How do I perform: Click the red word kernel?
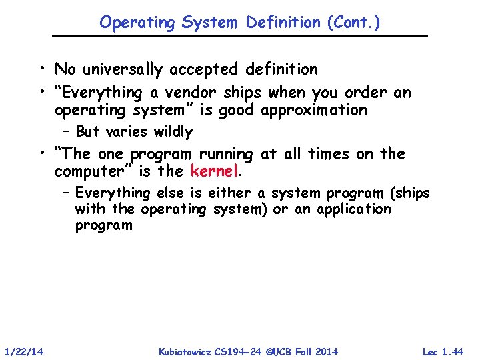tap(213, 171)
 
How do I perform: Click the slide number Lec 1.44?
tap(443, 351)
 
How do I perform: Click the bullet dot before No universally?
tap(42, 69)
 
